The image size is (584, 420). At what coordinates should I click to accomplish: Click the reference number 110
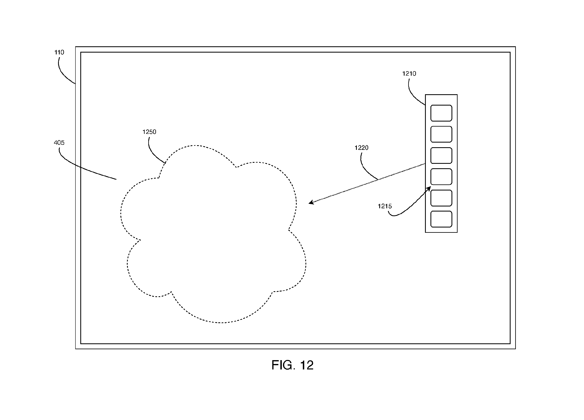coord(59,53)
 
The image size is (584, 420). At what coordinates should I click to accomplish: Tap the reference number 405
coord(59,143)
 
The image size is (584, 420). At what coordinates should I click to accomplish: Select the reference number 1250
coord(149,132)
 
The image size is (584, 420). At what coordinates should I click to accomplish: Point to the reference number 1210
coord(409,74)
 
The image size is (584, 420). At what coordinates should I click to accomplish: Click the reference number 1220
coord(361,148)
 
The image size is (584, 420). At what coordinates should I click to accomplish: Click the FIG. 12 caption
coord(292,365)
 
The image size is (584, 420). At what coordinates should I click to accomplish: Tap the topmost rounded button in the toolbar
coord(441,113)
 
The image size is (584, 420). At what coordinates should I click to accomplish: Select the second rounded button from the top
coord(441,134)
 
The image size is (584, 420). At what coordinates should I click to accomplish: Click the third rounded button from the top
coord(441,156)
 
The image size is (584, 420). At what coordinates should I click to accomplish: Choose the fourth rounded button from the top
coord(441,177)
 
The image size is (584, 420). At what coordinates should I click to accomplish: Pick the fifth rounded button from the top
coord(441,198)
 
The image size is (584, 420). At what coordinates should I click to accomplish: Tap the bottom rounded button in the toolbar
coord(441,219)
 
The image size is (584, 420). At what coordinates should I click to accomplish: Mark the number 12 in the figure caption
coord(307,365)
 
